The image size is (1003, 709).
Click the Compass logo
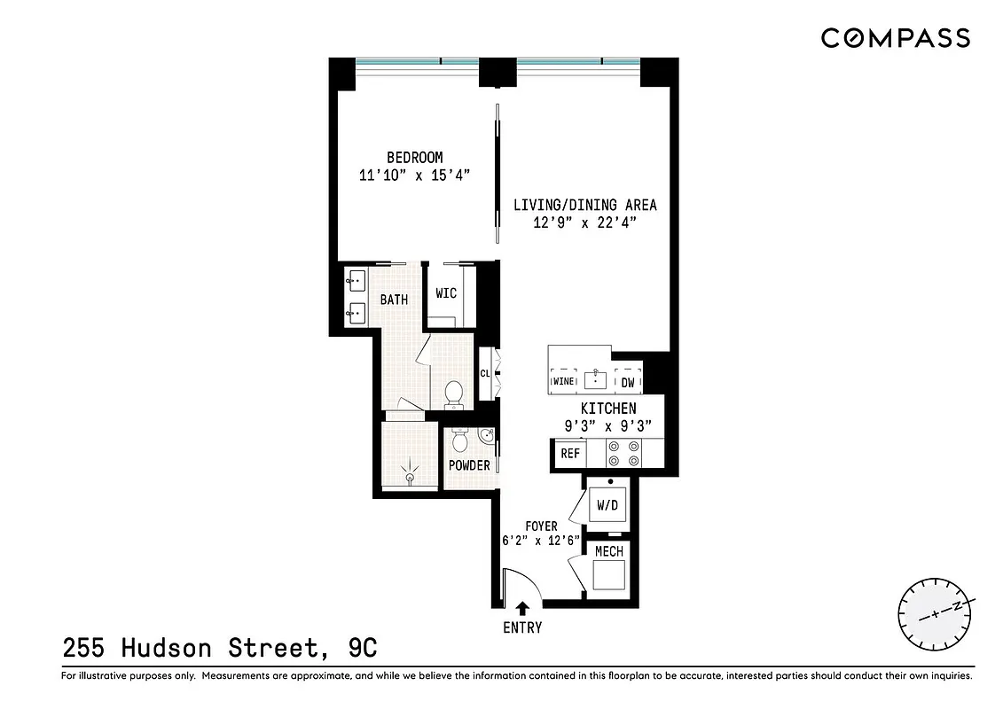(895, 38)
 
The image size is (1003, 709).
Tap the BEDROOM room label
(414, 158)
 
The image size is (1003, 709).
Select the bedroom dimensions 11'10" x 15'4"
(414, 175)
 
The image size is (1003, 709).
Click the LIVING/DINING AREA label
(585, 205)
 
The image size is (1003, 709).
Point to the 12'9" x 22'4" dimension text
(585, 222)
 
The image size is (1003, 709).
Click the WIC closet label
(446, 293)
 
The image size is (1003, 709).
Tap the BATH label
(394, 300)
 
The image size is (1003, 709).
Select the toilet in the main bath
(454, 394)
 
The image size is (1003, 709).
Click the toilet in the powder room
(459, 439)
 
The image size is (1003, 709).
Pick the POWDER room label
(469, 465)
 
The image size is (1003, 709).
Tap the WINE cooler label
(563, 382)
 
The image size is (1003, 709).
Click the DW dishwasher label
(627, 383)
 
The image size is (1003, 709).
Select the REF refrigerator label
(570, 454)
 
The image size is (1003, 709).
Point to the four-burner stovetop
(623, 454)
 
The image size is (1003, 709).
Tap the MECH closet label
(609, 551)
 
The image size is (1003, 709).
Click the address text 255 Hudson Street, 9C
(220, 649)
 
